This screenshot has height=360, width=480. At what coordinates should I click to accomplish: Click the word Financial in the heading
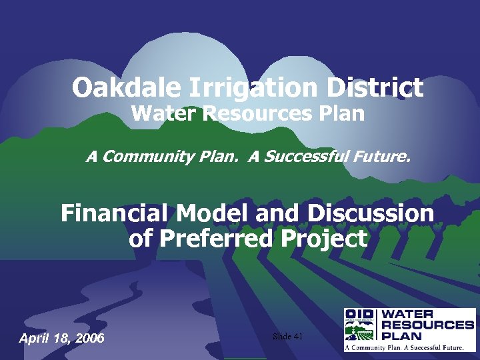(115, 213)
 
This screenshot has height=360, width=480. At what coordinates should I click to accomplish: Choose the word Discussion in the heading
(370, 213)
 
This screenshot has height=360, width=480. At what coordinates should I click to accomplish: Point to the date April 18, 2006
(61, 338)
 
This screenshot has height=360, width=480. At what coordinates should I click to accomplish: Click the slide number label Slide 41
(288, 337)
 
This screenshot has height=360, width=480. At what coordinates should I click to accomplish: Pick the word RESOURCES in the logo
(427, 325)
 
